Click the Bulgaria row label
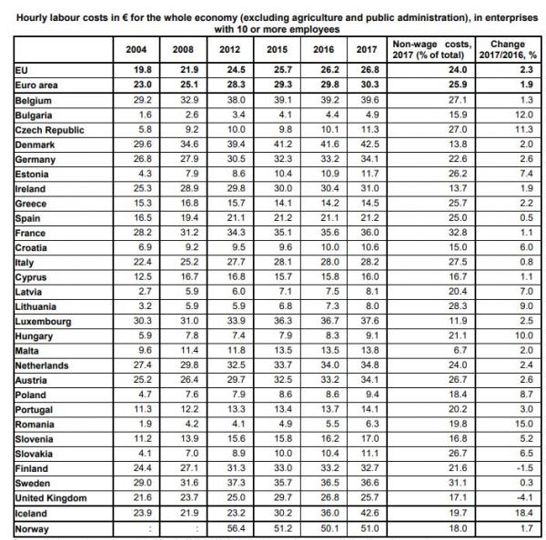click(34, 116)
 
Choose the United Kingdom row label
click(51, 498)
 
